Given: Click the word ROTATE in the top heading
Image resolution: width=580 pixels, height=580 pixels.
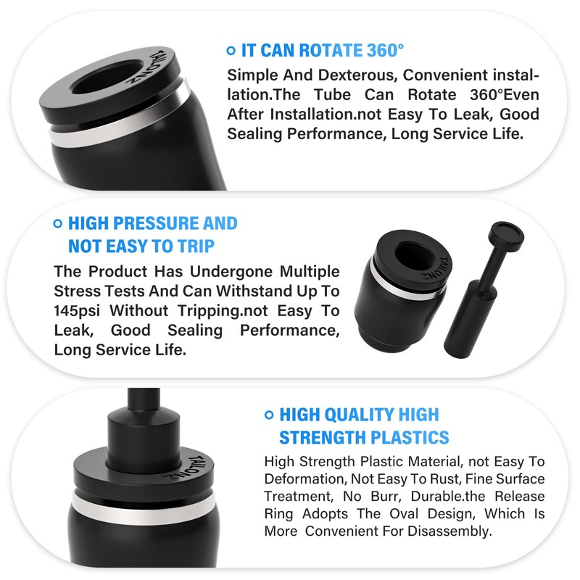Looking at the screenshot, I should pos(323,51).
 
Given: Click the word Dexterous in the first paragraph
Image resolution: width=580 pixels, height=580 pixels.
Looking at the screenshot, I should pos(356,75).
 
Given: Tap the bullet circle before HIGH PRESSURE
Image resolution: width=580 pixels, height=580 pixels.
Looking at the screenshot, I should pos(58,223).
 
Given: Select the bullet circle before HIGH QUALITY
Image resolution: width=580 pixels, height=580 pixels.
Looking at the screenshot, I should pos(270,415).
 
